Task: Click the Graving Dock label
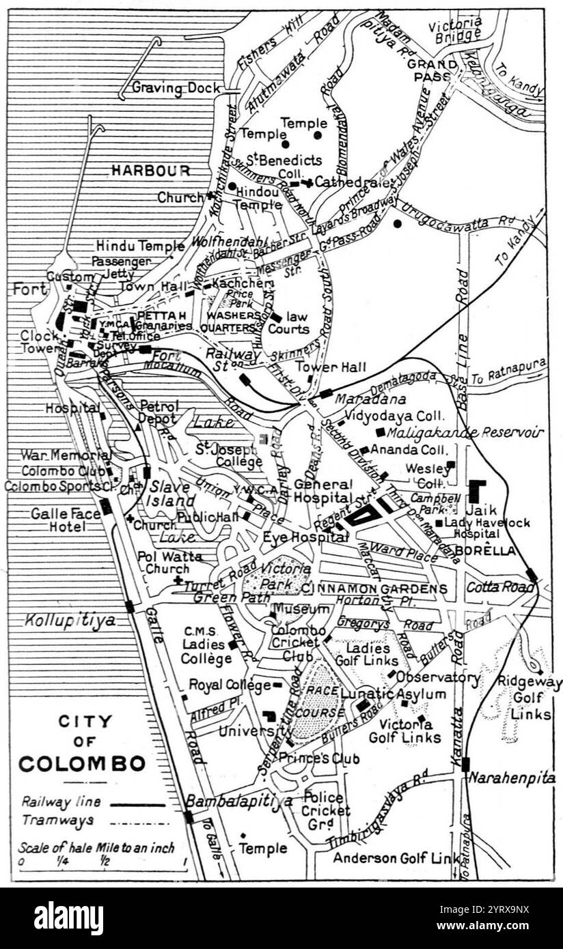(x=176, y=88)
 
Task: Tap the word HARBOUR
(x=150, y=171)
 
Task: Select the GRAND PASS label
(x=432, y=70)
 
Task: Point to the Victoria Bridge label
(x=455, y=31)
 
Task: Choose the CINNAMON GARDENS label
(x=375, y=589)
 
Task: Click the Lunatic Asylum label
(x=393, y=694)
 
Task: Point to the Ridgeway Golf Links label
(x=529, y=698)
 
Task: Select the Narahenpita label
(x=512, y=778)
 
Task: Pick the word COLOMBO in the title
(x=82, y=763)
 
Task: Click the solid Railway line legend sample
(x=137, y=805)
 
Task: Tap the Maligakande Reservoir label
(x=465, y=432)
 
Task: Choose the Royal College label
(x=230, y=684)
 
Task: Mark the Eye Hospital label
(x=305, y=538)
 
